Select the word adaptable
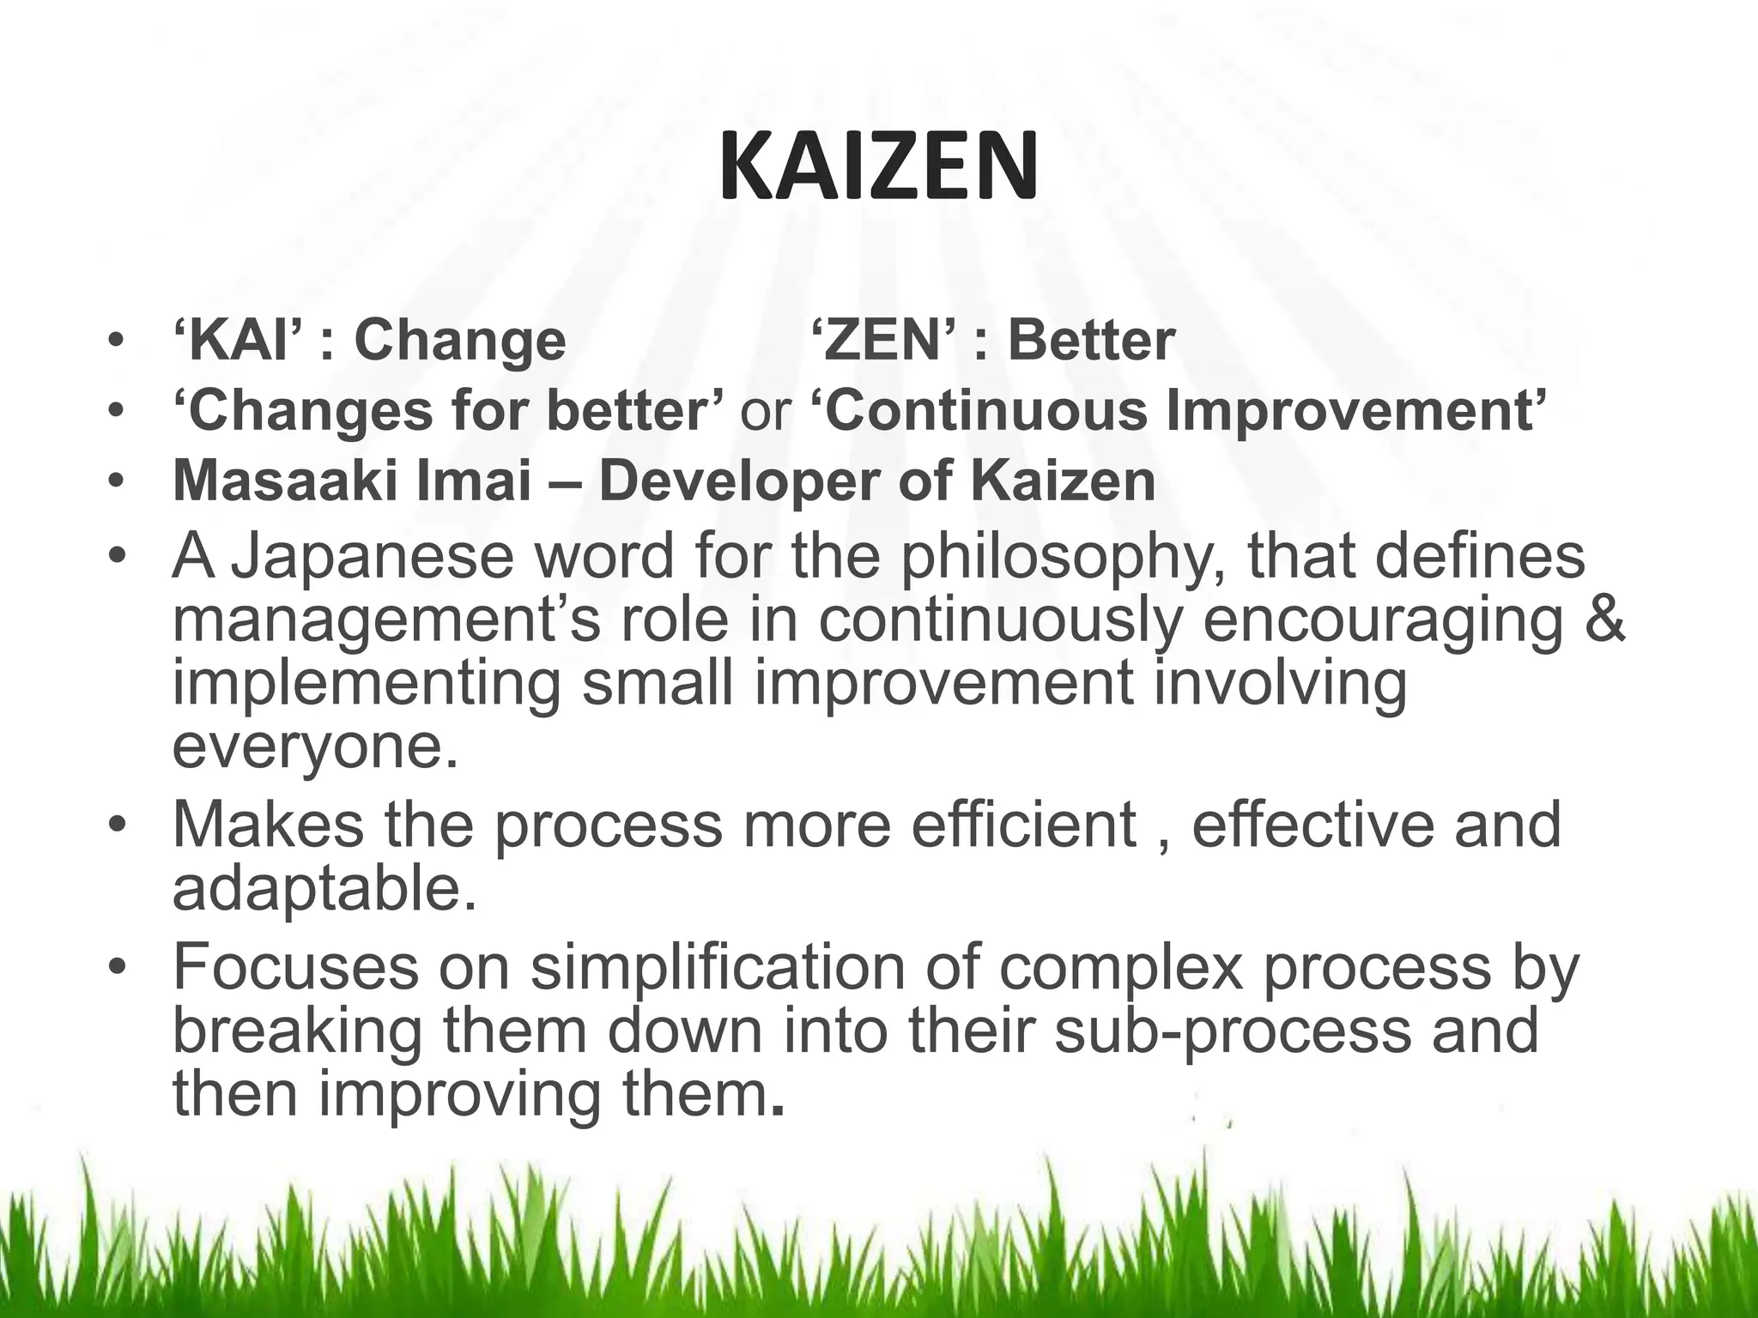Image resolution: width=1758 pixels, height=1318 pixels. [324, 889]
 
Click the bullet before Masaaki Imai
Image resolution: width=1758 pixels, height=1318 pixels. [117, 482]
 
